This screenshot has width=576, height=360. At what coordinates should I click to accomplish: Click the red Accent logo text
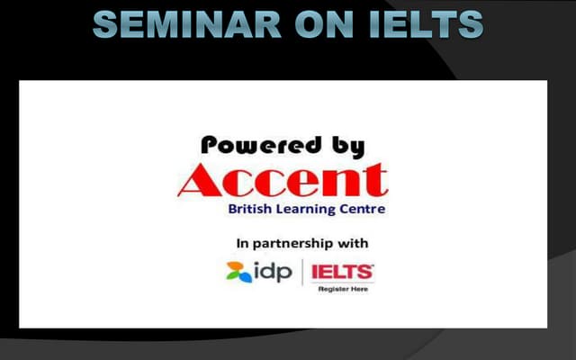click(283, 182)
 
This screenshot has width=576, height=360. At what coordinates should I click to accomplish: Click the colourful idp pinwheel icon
click(239, 272)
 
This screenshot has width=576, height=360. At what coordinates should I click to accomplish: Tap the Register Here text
click(342, 289)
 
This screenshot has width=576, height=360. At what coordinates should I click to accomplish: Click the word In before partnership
click(242, 242)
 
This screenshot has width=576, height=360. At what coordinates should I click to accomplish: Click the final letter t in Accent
click(376, 182)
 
